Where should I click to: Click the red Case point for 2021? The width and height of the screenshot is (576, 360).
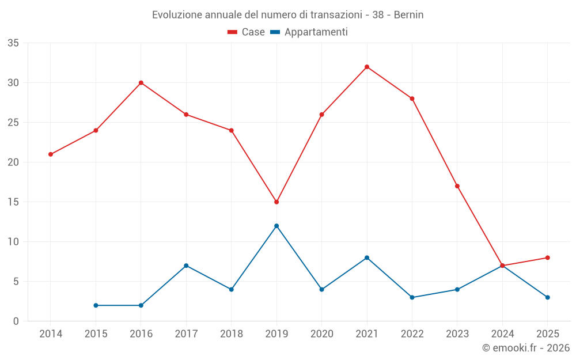tap(367, 67)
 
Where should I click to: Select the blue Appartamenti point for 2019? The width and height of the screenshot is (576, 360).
tap(276, 226)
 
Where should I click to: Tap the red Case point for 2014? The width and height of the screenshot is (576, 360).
tap(51, 154)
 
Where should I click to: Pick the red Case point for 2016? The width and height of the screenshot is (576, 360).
tap(141, 82)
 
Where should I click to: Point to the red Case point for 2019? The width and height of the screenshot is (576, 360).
tap(276, 202)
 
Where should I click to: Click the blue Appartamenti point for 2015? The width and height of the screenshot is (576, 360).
tap(96, 305)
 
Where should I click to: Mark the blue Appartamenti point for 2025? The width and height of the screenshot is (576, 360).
tap(548, 297)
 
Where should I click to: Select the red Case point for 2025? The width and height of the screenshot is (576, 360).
tap(548, 257)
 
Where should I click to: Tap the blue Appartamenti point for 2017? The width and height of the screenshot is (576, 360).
tap(186, 266)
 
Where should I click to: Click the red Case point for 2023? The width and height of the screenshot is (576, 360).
tap(457, 186)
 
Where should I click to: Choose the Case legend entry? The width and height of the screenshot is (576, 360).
tap(247, 32)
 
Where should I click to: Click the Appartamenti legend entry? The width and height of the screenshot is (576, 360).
tap(309, 32)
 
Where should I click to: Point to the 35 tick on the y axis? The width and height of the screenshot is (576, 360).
tap(13, 43)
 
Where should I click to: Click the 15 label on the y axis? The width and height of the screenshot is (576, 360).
tap(13, 202)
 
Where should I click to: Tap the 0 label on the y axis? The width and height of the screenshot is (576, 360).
tap(16, 321)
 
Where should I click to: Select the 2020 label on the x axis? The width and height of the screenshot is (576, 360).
tap(321, 334)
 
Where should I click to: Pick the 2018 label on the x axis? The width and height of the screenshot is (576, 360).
tap(231, 334)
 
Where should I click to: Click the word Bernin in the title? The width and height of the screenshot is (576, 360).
tap(408, 15)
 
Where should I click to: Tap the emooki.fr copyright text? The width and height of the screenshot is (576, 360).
tap(526, 348)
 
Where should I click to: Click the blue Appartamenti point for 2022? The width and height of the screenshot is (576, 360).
tap(412, 297)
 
